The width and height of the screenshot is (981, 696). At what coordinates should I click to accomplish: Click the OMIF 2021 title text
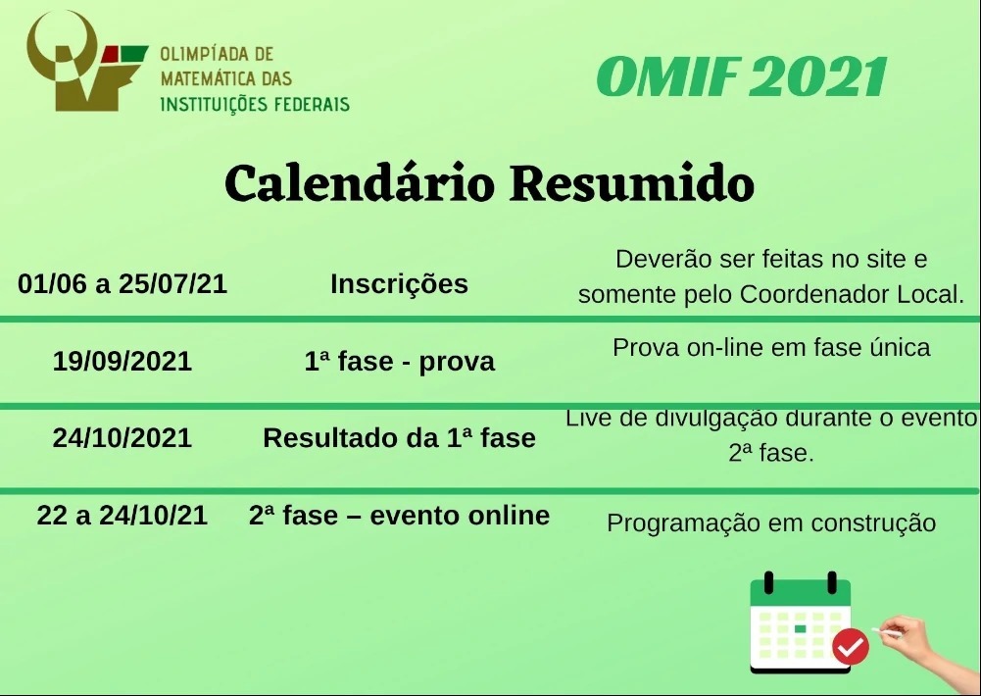click(x=742, y=77)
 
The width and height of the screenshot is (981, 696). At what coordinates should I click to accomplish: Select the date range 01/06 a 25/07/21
click(x=123, y=283)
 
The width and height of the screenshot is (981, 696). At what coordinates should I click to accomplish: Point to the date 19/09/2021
click(x=123, y=361)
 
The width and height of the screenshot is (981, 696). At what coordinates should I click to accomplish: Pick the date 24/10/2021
click(x=123, y=438)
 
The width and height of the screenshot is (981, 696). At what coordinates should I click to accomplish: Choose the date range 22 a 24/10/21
click(x=123, y=515)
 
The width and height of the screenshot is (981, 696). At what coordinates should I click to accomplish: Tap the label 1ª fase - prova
click(x=399, y=362)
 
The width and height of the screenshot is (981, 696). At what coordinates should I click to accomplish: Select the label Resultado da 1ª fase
click(x=399, y=438)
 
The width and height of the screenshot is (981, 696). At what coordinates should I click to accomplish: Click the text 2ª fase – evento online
click(x=399, y=515)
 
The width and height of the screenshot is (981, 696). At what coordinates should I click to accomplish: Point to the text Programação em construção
click(x=771, y=523)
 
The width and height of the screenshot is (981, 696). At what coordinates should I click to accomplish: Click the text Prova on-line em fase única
click(x=771, y=347)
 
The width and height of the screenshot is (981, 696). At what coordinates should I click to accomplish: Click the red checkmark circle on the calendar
click(x=851, y=647)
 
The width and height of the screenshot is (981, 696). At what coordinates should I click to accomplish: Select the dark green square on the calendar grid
click(x=801, y=628)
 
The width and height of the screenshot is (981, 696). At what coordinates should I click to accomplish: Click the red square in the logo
click(x=110, y=54)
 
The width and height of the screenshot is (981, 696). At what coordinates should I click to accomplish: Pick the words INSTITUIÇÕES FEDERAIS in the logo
click(x=255, y=104)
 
